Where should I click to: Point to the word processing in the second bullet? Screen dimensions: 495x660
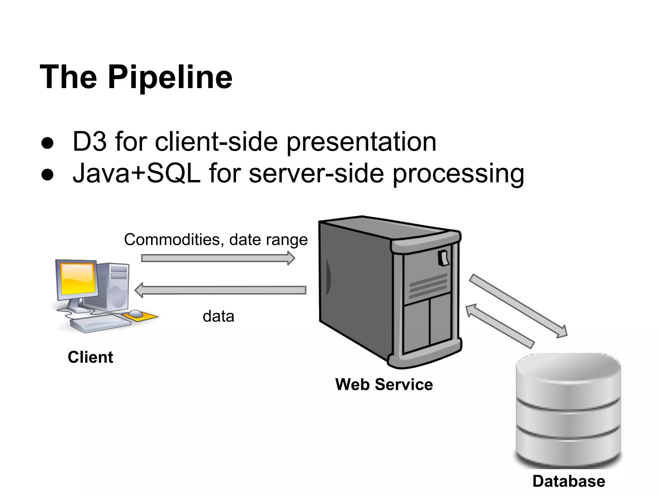pos(458,174)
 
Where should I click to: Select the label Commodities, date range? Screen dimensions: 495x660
pos(216,239)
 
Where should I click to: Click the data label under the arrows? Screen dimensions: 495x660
pos(218,316)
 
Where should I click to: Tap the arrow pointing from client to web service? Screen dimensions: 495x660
pos(218,258)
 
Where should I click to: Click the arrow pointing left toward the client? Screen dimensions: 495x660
pos(220,290)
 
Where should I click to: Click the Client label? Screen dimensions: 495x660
pos(90,357)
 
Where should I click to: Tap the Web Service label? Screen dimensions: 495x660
pos(384,384)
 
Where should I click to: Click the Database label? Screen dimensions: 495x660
pos(569,481)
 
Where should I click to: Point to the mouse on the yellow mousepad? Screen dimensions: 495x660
pos(136,313)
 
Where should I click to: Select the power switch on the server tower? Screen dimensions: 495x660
pos(444,258)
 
